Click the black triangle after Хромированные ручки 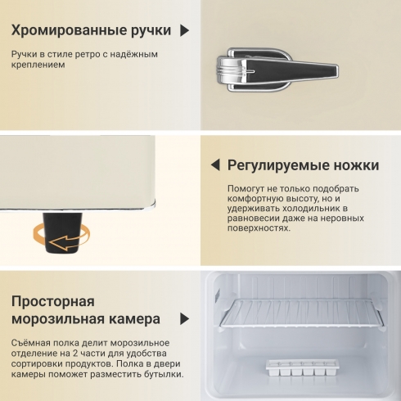[x=185, y=30]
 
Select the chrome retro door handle [x=277, y=70]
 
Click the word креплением [x=38, y=65]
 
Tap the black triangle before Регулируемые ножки [x=215, y=165]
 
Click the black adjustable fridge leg [x=62, y=232]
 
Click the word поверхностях [x=259, y=228]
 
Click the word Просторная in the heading [x=53, y=302]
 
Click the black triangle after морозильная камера [x=185, y=319]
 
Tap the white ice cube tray [x=302, y=367]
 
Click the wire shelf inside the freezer [x=302, y=313]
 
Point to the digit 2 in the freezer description [x=75, y=354]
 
